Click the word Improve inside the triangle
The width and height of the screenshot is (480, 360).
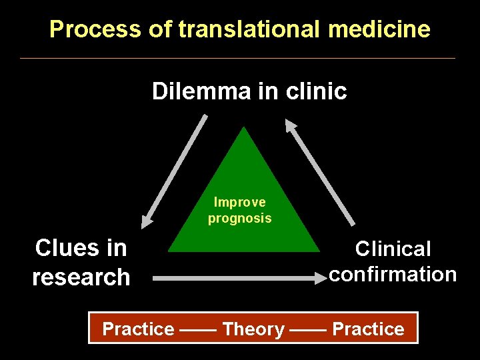pyautogui.click(x=239, y=202)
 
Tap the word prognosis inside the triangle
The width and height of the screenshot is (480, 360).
pyautogui.click(x=239, y=218)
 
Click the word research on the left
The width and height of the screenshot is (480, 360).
pyautogui.click(x=81, y=276)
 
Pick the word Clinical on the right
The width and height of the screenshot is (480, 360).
pyautogui.click(x=393, y=249)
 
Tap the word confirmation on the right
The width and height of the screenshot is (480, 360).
pyautogui.click(x=393, y=274)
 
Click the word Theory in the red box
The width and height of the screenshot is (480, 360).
pyautogui.click(x=253, y=329)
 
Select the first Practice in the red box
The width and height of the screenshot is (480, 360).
pyautogui.click(x=138, y=329)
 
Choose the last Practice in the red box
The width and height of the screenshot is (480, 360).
pyautogui.click(x=368, y=329)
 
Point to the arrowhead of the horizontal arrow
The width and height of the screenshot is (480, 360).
pyautogui.click(x=318, y=279)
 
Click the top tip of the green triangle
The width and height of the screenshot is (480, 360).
pyautogui.click(x=245, y=128)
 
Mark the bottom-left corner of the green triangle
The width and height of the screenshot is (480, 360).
pyautogui.click(x=169, y=251)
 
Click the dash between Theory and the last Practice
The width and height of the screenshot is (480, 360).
pyautogui.click(x=308, y=329)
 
